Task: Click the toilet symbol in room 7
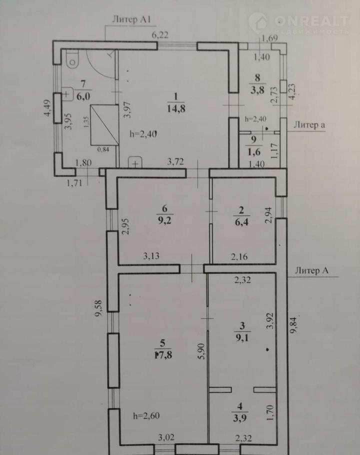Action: [x=72, y=59]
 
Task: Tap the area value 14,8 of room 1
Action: [x=176, y=109]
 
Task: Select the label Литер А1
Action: [x=131, y=19]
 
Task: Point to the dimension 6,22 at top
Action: [x=160, y=35]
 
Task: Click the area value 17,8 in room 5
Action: [x=163, y=355]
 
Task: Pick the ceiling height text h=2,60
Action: [x=146, y=416]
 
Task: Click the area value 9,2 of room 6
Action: [x=164, y=220]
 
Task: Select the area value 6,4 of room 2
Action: [x=241, y=222]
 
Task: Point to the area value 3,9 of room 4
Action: [x=239, y=418]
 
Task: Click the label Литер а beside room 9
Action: [x=309, y=125]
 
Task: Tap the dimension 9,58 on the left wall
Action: [x=99, y=308]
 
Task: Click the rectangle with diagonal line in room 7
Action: [x=104, y=125]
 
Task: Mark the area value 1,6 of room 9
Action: [x=254, y=152]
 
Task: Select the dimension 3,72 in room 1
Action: [x=175, y=161]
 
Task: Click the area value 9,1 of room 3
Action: [x=242, y=338]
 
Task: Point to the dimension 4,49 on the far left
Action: [x=47, y=107]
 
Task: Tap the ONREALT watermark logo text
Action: [x=311, y=21]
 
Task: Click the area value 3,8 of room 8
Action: [x=257, y=90]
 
